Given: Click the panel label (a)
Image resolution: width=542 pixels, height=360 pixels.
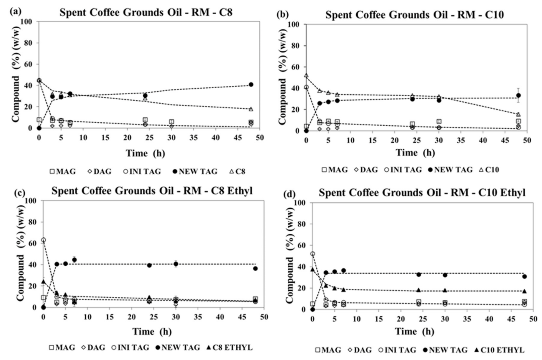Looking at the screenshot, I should point(16,12).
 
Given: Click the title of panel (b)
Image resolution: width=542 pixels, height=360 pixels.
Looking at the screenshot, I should point(415,15).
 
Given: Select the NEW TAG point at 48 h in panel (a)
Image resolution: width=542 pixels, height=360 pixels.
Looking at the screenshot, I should point(251,84).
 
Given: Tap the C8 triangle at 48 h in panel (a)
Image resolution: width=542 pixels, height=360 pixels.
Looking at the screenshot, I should point(251,109).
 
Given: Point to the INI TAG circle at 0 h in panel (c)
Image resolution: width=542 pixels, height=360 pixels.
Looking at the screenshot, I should point(44,240).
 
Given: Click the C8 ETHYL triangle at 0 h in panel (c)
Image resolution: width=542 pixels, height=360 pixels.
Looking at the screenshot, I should point(44,281).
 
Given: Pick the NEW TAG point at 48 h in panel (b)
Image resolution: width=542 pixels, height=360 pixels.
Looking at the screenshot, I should point(518,96).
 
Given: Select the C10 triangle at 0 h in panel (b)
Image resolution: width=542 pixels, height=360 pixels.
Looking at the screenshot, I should point(306,76).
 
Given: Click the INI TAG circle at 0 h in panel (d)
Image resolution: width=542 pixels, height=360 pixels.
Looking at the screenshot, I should point(312,254).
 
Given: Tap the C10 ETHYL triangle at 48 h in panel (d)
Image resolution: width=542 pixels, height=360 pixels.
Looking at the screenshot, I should point(524,291).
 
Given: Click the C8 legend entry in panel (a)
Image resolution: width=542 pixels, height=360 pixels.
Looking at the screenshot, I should point(237,172).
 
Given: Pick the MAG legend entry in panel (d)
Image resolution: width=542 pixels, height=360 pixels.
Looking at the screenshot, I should point(328,350).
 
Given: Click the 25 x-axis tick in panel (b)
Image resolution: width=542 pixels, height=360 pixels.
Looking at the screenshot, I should point(417,140).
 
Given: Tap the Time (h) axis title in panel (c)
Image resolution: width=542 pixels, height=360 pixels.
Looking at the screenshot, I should point(152,331).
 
